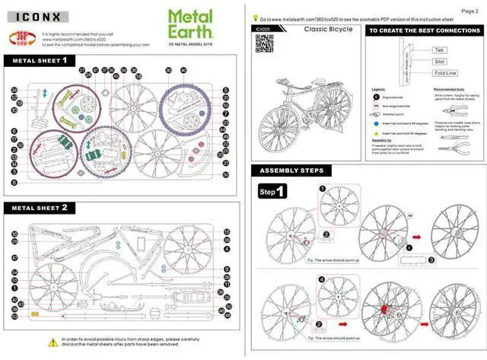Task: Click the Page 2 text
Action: click(471, 10)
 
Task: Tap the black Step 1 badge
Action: click(272, 191)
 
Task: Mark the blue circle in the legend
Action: click(376, 121)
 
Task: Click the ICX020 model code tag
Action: click(263, 28)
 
